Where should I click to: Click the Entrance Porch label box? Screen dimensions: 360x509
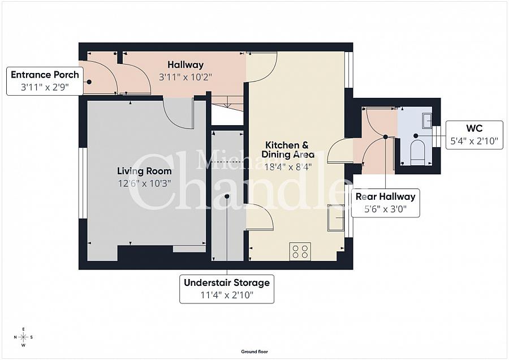tap(45, 81)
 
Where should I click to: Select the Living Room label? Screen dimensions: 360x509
tap(144, 171)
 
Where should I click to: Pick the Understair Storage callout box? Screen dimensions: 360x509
tap(227, 288)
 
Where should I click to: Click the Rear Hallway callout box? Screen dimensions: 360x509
tap(385, 203)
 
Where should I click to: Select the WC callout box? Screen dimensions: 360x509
tap(475, 135)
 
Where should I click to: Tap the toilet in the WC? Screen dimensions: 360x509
tap(417, 152)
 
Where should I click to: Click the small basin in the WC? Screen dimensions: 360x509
tap(427, 120)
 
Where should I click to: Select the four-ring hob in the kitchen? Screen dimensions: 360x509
tap(300, 251)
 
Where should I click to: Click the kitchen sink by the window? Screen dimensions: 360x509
tap(335, 217)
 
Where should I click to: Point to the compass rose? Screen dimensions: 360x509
tap(23, 337)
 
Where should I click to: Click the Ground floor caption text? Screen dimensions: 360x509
tap(254, 352)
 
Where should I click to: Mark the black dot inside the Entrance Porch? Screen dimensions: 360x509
tap(89, 82)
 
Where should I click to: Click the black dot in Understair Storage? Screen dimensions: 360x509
tap(227, 196)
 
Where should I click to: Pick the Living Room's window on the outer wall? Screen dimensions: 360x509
tap(83, 182)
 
